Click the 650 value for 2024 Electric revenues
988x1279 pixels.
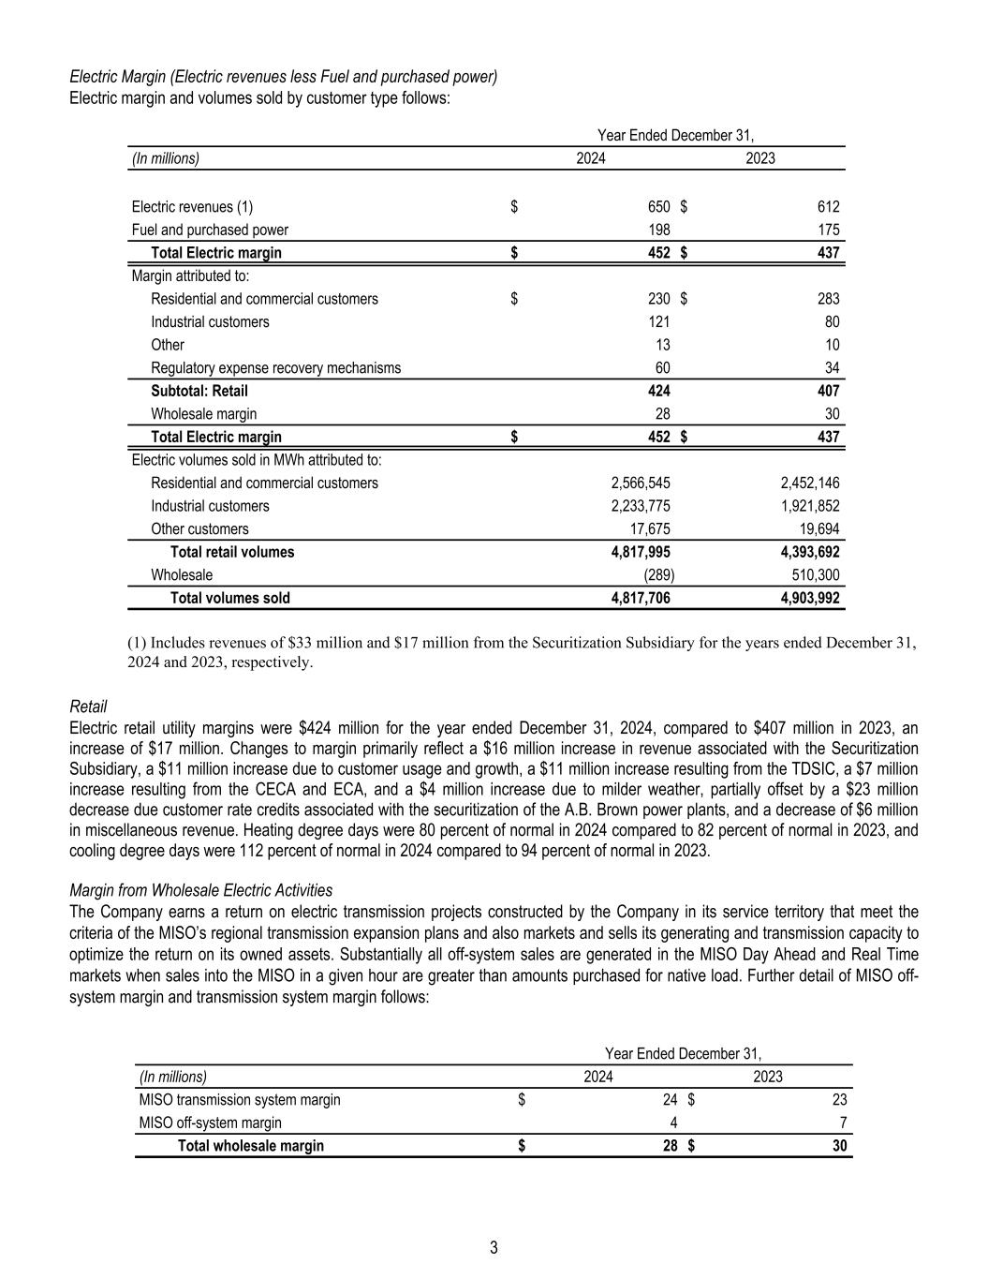(x=659, y=207)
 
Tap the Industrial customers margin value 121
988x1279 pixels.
(x=659, y=322)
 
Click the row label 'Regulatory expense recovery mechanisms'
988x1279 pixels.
(x=275, y=368)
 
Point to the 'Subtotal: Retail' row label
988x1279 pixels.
(x=199, y=391)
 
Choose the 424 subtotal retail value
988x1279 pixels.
(x=659, y=391)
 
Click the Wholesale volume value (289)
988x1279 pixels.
(x=659, y=575)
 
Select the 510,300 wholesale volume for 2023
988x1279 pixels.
(x=814, y=575)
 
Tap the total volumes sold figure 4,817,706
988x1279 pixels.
(x=641, y=598)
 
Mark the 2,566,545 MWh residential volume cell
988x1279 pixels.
(x=641, y=483)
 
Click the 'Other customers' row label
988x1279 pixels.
(x=199, y=529)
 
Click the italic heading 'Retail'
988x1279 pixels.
(x=88, y=706)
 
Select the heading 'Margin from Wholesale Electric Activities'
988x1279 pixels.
(x=201, y=890)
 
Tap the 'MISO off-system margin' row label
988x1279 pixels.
(x=210, y=1123)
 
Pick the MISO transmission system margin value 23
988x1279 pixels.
(x=839, y=1100)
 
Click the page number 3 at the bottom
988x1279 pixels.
(x=494, y=1248)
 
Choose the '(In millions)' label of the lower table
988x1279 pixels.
(x=172, y=1077)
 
